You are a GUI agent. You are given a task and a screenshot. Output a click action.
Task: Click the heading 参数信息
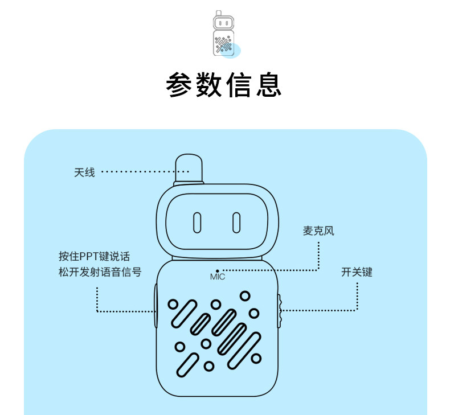(x=224, y=85)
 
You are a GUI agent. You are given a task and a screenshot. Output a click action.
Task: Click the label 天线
(x=84, y=171)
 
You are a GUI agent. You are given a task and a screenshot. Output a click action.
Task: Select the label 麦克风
(x=318, y=231)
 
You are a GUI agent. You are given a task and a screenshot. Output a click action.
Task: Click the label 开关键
(x=357, y=272)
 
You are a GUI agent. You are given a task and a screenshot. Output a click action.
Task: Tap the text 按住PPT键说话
(x=98, y=257)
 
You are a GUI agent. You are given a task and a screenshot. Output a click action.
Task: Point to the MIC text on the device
(x=218, y=277)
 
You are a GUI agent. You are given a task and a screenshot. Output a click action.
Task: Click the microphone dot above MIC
(x=218, y=270)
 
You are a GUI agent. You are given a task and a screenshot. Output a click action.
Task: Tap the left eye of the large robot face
(x=197, y=222)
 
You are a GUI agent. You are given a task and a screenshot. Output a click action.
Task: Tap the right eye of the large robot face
(x=236, y=222)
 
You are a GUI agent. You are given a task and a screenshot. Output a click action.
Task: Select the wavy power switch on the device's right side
(x=280, y=311)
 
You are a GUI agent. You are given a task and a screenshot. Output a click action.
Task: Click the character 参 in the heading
(x=180, y=85)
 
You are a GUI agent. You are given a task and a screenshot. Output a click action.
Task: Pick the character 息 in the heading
(x=268, y=85)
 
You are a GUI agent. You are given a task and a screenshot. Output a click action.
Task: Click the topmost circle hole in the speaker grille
(x=245, y=295)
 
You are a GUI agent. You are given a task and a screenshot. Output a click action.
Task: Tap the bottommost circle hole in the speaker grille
(x=209, y=366)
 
